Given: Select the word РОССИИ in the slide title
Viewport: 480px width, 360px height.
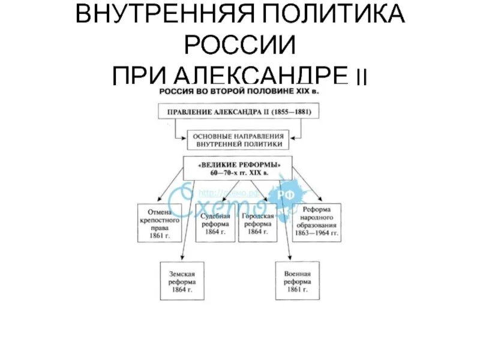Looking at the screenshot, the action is coord(239,45).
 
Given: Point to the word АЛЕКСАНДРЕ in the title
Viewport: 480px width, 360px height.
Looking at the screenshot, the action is coord(262,76).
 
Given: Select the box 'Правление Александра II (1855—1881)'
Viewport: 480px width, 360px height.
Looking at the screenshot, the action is coord(239,111).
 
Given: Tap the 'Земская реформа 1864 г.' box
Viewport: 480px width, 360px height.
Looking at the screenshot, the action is coord(182,281).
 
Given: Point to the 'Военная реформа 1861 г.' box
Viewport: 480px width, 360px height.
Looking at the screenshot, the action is coord(298,281).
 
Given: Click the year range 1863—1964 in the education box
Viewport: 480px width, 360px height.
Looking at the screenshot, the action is coord(317,233).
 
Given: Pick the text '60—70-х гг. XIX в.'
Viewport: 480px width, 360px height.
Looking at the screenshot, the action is coord(239,173).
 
